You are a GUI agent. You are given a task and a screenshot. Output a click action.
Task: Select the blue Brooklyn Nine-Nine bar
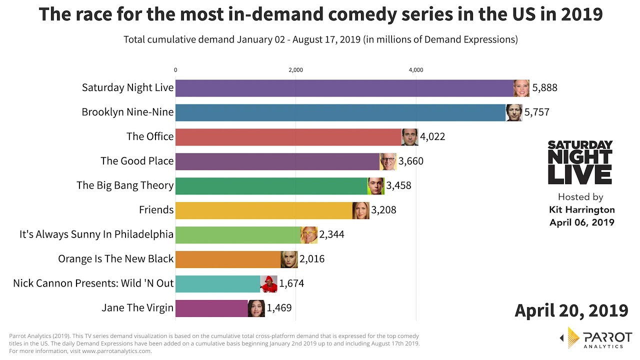point(340,112)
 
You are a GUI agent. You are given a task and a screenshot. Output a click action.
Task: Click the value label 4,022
point(432,136)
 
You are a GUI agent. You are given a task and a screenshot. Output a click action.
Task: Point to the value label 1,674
point(291,283)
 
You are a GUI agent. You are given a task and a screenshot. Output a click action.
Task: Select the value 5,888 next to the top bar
point(544,88)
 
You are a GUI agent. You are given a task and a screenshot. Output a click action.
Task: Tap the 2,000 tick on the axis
point(295,70)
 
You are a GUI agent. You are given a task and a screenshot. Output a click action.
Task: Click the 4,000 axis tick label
point(416,70)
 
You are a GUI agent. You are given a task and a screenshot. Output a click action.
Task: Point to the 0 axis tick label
point(175,70)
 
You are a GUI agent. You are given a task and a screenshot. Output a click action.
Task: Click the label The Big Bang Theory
point(125,185)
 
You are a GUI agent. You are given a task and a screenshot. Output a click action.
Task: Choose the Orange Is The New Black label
point(116,259)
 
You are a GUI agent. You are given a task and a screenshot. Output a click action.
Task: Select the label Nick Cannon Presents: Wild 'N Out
point(93,283)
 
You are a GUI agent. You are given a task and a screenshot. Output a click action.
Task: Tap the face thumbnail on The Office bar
point(409,137)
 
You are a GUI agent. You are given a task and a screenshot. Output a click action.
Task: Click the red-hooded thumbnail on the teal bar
point(268,283)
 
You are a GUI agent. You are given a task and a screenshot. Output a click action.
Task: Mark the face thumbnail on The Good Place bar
point(388,161)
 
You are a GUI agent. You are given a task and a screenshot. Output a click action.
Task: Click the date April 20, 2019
point(571,310)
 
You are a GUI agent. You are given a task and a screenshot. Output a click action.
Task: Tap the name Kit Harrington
point(582,210)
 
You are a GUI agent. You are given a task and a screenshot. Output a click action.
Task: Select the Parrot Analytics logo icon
point(572,337)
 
